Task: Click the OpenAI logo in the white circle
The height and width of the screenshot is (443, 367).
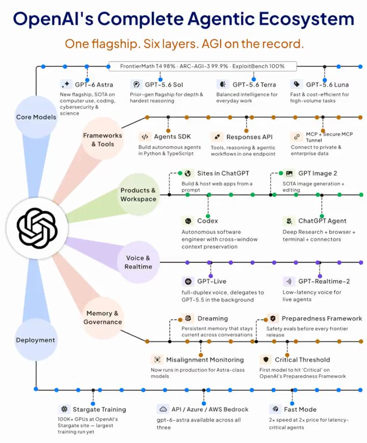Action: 37,228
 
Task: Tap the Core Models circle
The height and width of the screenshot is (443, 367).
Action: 36,117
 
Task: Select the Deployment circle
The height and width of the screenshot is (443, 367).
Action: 36,340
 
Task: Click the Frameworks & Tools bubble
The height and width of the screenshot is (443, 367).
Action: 102,140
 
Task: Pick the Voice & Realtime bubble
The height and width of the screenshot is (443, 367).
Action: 138,262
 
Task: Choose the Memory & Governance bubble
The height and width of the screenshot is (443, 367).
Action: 102,318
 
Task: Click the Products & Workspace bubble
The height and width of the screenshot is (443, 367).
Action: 138,195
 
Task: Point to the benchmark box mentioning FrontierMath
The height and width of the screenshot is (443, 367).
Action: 202,66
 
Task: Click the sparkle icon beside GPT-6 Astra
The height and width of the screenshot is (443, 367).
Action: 66,84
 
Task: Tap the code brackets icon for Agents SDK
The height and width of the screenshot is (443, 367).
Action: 145,137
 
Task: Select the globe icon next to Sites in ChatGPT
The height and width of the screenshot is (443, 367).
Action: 188,173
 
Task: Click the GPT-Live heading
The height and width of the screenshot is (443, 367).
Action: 212,281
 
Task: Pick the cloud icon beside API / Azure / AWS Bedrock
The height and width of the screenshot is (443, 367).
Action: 163,409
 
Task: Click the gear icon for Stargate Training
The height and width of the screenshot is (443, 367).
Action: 64,409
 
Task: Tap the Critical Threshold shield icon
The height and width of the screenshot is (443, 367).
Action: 266,359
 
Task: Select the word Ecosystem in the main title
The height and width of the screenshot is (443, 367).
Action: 306,19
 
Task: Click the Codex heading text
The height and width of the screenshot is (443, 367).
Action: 207,220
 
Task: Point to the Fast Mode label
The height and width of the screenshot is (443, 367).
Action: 300,409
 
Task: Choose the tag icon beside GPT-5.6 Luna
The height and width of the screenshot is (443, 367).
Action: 296,84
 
